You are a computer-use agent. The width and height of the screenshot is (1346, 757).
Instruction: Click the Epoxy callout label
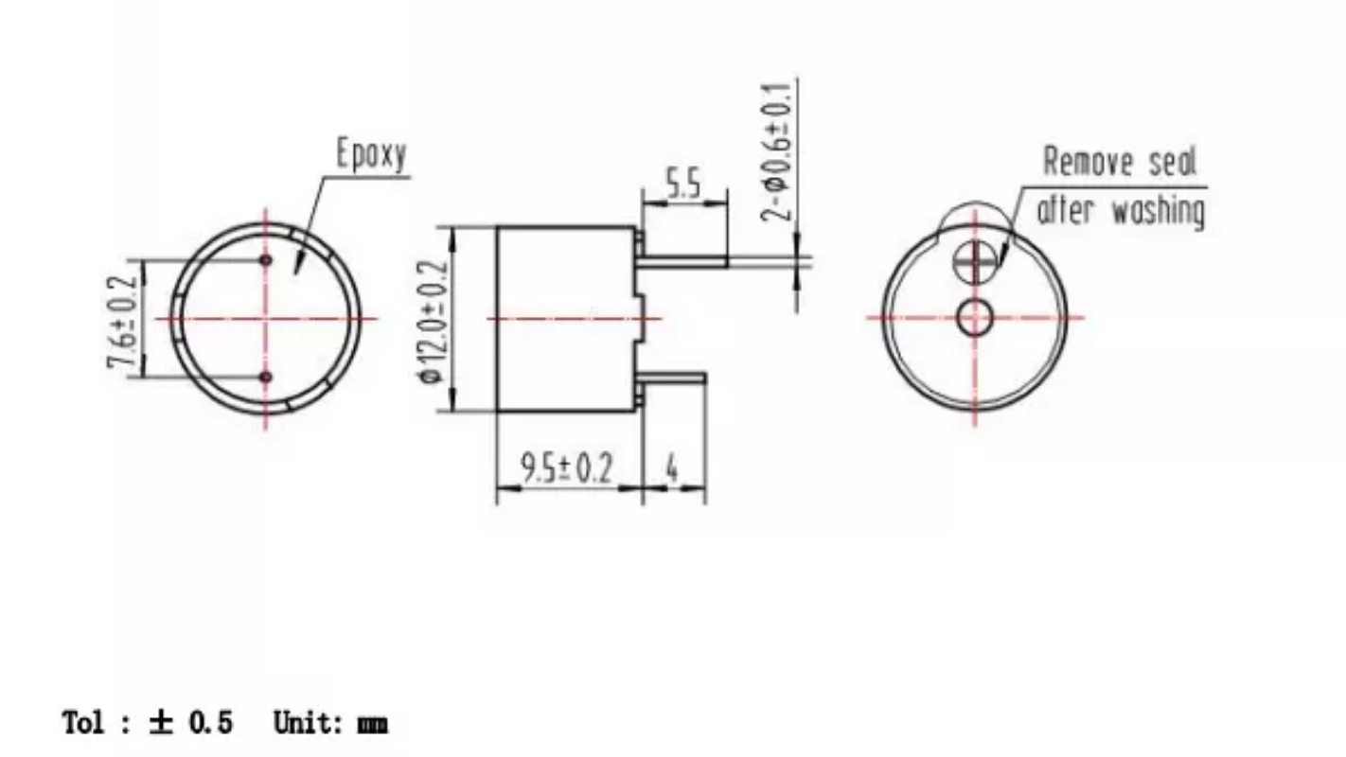click(372, 154)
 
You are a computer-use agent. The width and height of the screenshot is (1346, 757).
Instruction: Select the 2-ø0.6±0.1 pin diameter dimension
click(777, 151)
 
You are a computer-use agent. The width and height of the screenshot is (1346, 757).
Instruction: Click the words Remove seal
click(1120, 162)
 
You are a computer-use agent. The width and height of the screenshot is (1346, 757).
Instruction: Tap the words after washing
click(1122, 209)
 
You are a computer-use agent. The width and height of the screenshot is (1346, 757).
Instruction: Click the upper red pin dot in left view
click(266, 260)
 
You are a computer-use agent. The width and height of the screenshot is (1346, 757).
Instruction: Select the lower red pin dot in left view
click(266, 378)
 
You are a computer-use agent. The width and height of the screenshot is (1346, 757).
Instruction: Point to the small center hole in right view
click(974, 318)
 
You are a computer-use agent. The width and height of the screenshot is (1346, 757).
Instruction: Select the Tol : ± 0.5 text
click(147, 724)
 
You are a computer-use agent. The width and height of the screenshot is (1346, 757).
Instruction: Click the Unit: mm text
click(330, 724)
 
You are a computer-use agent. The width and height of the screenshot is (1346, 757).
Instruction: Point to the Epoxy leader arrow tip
click(295, 272)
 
